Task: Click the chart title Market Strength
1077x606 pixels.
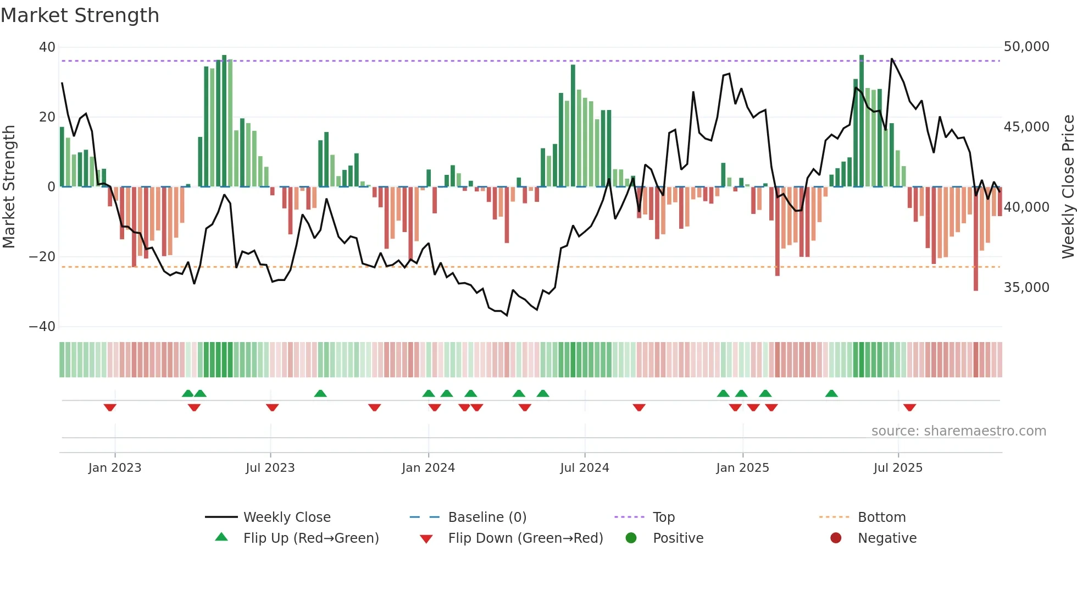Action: tap(80, 15)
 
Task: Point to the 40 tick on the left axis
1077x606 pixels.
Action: tap(47, 47)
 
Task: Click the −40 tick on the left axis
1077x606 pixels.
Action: tap(43, 327)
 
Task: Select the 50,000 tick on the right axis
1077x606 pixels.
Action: tap(1026, 47)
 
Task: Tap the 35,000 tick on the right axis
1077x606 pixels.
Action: tap(1026, 288)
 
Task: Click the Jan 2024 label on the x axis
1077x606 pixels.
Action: tap(428, 468)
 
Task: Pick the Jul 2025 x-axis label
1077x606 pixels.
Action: tap(898, 468)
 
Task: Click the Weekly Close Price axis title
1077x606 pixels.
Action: tap(1068, 186)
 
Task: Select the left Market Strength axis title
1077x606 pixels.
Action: tap(9, 186)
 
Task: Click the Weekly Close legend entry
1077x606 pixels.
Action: tap(287, 517)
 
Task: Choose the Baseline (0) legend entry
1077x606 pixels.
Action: tap(487, 517)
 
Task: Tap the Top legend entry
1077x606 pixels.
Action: tap(663, 517)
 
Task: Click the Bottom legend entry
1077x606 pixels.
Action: tap(881, 517)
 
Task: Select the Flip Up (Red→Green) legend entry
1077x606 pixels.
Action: tap(311, 538)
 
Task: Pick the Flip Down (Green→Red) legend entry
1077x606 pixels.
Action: tap(525, 538)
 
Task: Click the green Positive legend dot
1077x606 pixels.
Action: tap(631, 538)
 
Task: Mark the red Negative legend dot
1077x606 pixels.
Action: tap(836, 538)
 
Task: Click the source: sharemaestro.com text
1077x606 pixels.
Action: tap(958, 431)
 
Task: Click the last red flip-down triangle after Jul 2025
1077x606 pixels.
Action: tap(909, 407)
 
